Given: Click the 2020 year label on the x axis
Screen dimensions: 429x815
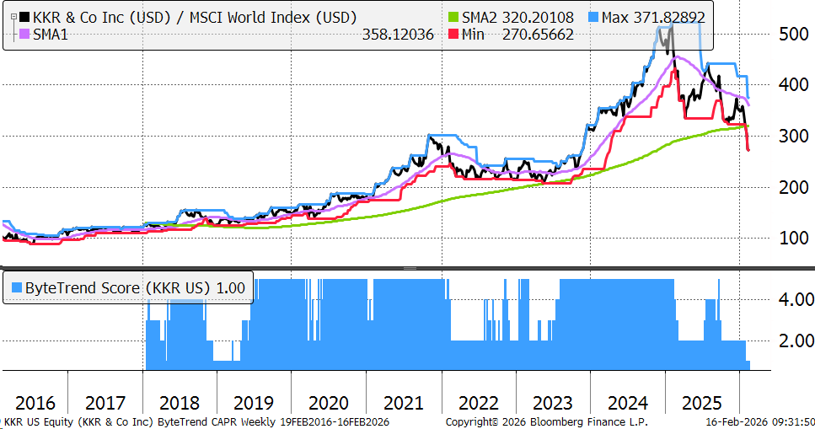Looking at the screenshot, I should click(x=329, y=402).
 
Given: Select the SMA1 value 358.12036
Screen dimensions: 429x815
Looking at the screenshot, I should click(x=398, y=35).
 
